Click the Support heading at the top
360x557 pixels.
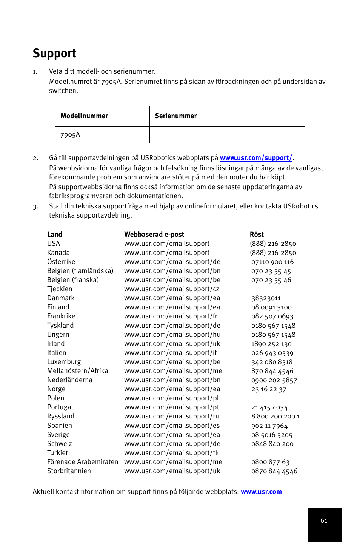(54, 53)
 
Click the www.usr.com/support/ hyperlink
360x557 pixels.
(256, 158)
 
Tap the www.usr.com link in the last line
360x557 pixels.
(261, 492)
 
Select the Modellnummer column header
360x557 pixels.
(84, 116)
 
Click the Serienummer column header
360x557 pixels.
(176, 116)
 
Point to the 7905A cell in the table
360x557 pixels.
(70, 135)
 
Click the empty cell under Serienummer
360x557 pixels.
(227, 135)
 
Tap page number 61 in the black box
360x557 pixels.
(324, 520)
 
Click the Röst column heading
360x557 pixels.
(257, 235)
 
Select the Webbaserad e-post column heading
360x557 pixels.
(154, 235)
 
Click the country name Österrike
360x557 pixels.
(61, 262)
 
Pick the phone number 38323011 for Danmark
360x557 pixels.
(266, 298)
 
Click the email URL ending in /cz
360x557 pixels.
(172, 289)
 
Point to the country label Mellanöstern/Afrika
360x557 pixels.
(78, 371)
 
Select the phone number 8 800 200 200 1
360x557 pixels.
(275, 416)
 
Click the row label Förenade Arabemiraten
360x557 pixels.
(83, 462)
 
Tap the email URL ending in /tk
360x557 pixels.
(172, 453)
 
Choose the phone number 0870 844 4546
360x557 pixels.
(274, 471)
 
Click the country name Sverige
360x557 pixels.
(58, 435)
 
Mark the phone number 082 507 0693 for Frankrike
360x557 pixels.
(272, 316)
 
